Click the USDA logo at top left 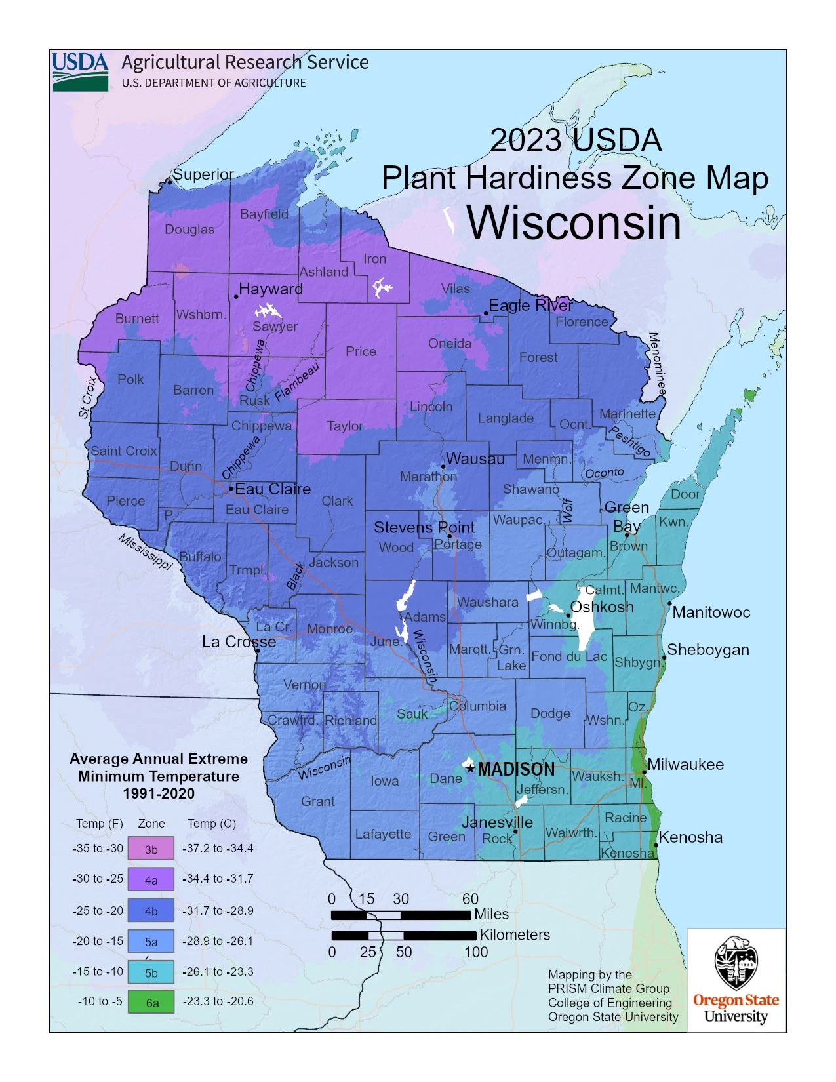pos(80,71)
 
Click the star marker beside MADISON pos(470,769)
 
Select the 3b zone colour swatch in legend pos(151,849)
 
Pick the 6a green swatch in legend pos(151,1002)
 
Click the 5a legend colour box pos(151,941)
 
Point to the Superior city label pos(203,174)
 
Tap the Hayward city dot pos(236,296)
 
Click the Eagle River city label pos(530,306)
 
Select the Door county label pos(685,494)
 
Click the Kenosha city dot pos(655,845)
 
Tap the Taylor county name pos(345,426)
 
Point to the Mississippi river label pos(145,551)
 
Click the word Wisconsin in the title pos(574,223)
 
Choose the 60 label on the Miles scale pos(470,898)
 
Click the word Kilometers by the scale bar pos(515,935)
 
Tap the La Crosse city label pos(239,641)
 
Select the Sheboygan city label pos(707,650)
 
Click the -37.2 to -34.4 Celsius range pos(218,849)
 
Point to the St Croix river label pos(88,397)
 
